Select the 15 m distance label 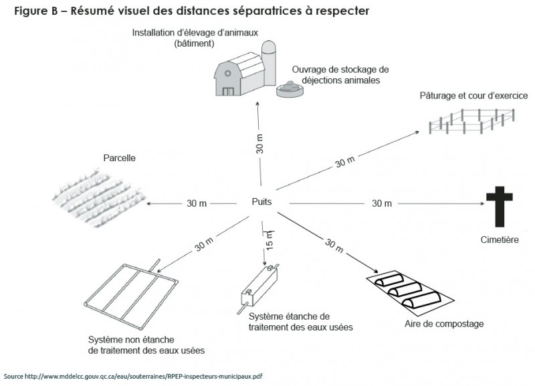coord(270,239)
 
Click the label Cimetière coord(500,239)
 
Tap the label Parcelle coord(120,159)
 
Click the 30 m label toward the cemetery coord(381,203)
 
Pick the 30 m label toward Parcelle coord(197,203)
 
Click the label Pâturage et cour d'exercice coord(473,96)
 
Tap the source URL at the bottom coord(133,376)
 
